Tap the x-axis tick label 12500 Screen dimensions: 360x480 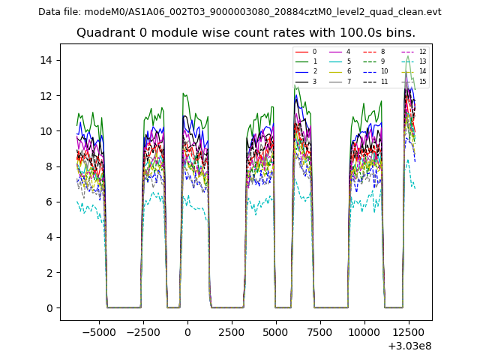click(405, 331)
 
